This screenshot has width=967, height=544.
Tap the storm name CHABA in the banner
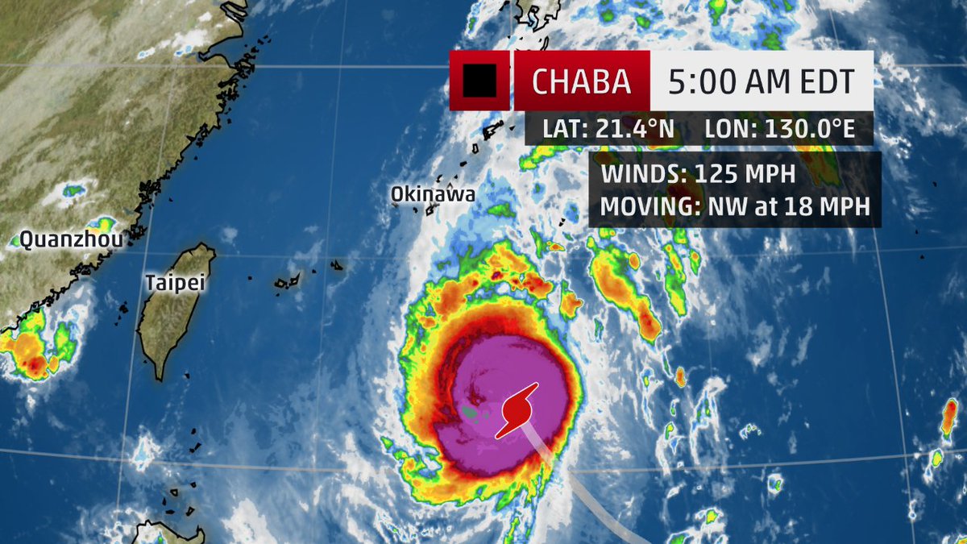click(x=582, y=81)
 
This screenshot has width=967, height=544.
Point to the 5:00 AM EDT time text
click(x=761, y=81)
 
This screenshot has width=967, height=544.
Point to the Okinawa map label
click(x=433, y=194)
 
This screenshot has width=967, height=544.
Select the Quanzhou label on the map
click(x=60, y=239)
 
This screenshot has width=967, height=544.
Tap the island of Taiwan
click(x=173, y=314)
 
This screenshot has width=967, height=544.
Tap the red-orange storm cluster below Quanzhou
click(x=36, y=351)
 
